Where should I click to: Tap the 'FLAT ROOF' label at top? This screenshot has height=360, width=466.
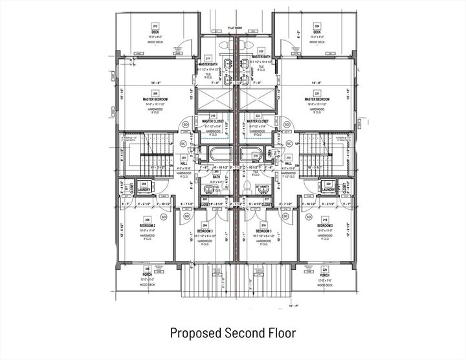coord(235,29)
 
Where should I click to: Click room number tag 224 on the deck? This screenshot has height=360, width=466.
coord(317,26)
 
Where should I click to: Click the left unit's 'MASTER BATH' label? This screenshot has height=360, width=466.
coord(208,65)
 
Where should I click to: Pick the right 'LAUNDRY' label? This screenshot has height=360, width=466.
coord(328,190)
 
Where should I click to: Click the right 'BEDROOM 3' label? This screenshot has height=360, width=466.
coord(263,231)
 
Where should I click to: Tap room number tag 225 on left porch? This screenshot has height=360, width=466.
coord(148,269)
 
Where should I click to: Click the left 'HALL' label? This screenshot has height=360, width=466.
coord(184,163)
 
